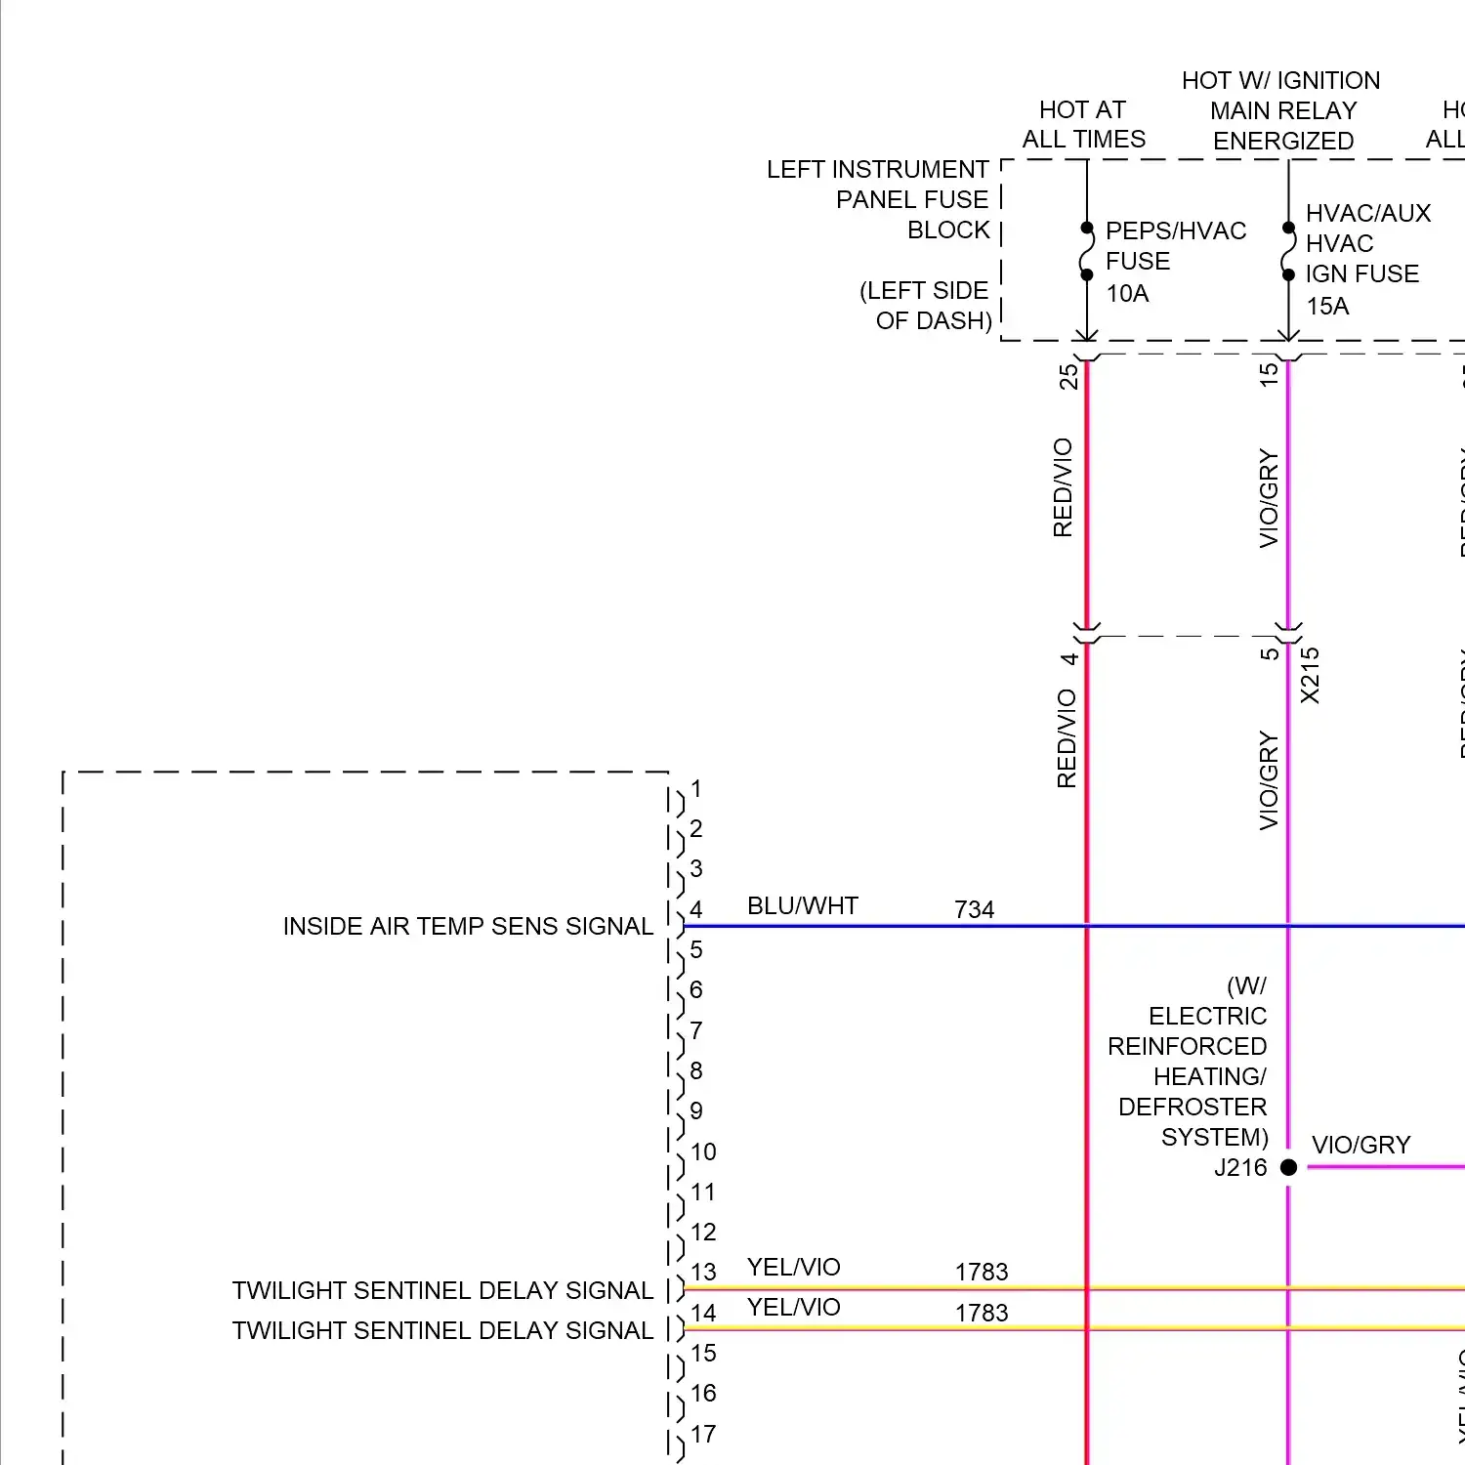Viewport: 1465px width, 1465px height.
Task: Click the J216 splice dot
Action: tap(1288, 1167)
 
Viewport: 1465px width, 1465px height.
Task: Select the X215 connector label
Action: tap(1310, 675)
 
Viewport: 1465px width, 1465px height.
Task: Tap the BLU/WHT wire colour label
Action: tap(802, 906)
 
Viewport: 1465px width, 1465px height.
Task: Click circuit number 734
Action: tap(974, 910)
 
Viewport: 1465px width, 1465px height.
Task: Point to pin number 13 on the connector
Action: tap(703, 1273)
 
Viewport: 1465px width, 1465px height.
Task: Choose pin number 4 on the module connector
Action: tap(696, 910)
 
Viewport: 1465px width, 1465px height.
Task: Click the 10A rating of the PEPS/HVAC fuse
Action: tap(1127, 293)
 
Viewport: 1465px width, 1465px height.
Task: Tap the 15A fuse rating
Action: tap(1327, 306)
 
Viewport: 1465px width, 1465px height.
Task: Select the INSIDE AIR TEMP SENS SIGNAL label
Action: tap(468, 926)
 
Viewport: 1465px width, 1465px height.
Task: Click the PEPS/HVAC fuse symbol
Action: tap(1086, 252)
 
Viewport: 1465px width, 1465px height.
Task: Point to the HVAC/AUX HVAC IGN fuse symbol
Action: tap(1288, 252)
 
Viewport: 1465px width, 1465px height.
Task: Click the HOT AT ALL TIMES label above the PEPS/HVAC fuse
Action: tap(1083, 124)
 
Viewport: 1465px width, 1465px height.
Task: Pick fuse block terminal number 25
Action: tap(1068, 376)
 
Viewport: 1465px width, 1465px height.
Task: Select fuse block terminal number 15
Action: tap(1268, 374)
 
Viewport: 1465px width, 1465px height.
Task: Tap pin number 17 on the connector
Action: tap(703, 1434)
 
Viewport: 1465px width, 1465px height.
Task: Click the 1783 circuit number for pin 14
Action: tap(982, 1313)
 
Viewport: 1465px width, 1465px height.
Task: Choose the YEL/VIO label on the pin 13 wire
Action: tap(793, 1268)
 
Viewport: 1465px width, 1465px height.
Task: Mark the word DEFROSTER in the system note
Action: tap(1193, 1107)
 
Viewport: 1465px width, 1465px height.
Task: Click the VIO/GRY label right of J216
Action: tap(1360, 1145)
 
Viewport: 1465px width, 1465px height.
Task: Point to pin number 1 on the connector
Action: tap(696, 789)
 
